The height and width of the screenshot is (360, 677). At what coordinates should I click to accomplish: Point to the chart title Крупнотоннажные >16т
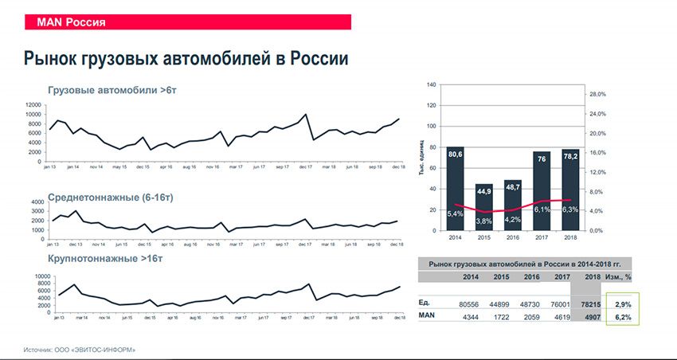click(x=108, y=259)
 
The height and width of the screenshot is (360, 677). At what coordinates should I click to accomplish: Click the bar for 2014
click(x=456, y=191)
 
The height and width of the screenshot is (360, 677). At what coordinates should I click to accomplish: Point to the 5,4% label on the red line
click(x=456, y=213)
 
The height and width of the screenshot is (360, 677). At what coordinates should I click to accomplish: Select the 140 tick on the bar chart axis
click(x=431, y=84)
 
